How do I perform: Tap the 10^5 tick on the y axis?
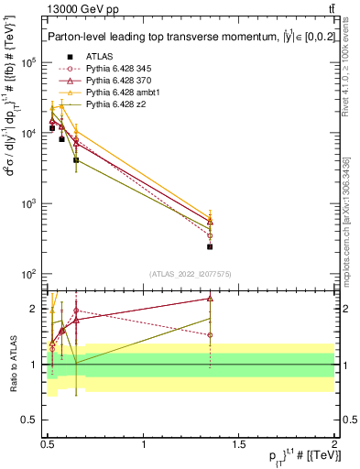coord(29,62)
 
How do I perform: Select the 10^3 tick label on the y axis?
coord(29,203)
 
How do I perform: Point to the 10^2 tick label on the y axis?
coord(29,274)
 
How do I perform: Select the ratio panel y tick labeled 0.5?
coord(29,420)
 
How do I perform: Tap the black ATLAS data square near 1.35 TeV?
coord(210,246)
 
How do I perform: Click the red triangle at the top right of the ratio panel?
coord(210,299)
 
